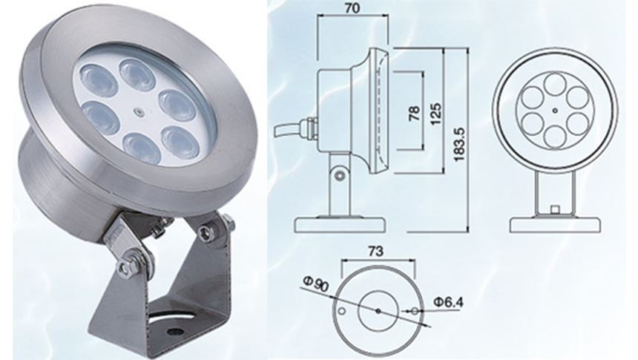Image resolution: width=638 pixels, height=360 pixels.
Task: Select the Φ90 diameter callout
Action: click(x=315, y=286)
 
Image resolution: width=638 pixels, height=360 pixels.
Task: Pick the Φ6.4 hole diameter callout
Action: click(x=448, y=304)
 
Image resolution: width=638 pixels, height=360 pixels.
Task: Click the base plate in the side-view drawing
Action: click(x=341, y=223)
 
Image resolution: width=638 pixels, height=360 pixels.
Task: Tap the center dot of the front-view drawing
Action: click(x=556, y=112)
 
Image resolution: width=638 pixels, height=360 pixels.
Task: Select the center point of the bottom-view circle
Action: click(x=378, y=309)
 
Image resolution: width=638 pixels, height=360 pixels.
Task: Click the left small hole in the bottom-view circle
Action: click(x=342, y=312)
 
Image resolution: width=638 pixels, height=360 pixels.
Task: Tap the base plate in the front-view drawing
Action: click(x=556, y=223)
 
